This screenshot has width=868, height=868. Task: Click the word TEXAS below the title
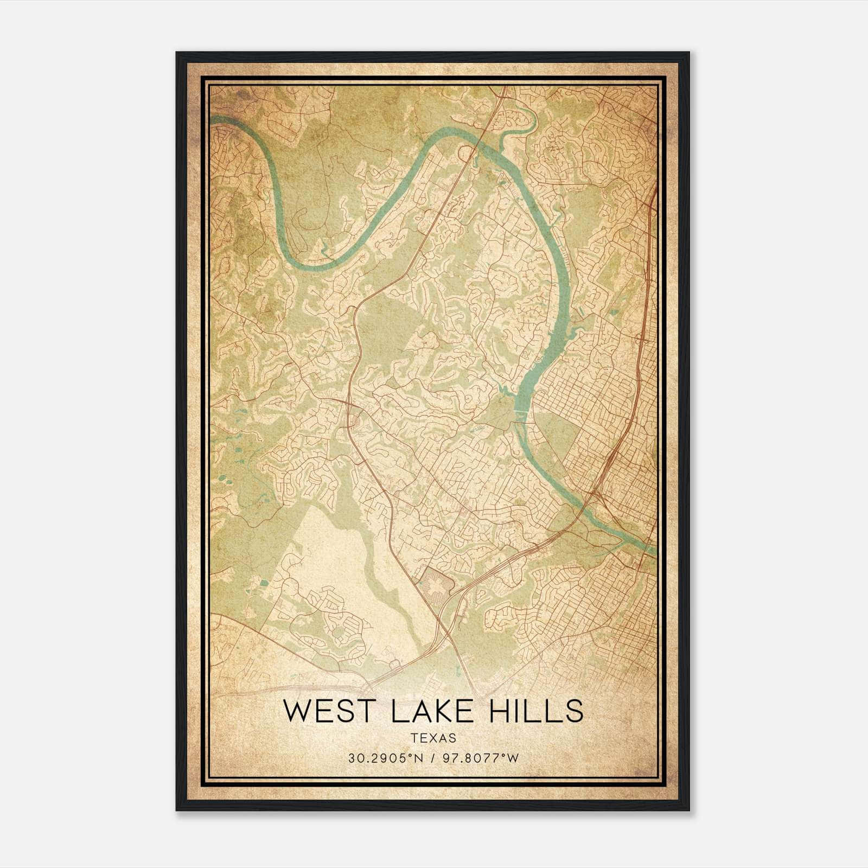(433, 738)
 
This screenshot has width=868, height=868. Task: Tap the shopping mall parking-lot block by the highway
(438, 582)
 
